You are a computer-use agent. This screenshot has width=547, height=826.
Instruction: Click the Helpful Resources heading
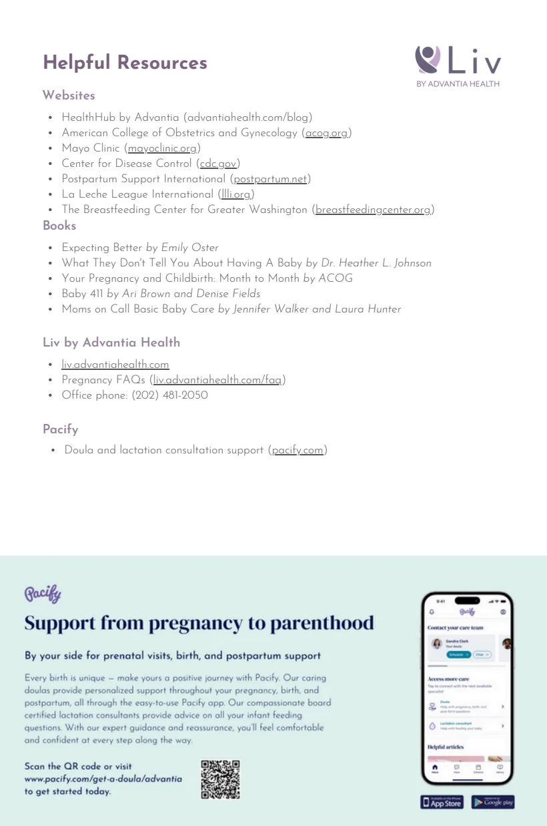(x=125, y=63)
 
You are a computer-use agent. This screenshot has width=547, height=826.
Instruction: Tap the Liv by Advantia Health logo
(x=458, y=66)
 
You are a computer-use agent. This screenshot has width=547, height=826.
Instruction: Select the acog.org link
(x=327, y=133)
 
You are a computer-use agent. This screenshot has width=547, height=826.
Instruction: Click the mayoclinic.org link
(x=162, y=148)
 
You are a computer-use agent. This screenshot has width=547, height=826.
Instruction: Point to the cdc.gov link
(x=218, y=164)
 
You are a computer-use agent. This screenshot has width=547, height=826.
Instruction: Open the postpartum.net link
(x=270, y=179)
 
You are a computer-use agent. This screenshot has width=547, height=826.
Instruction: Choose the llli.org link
(x=237, y=194)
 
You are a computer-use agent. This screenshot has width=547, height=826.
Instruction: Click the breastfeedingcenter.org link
(x=373, y=210)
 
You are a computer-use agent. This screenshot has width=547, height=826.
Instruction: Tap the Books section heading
(x=59, y=226)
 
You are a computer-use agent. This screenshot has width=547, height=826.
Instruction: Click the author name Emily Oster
(x=189, y=248)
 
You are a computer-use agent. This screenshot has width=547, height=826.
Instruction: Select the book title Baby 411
(x=82, y=294)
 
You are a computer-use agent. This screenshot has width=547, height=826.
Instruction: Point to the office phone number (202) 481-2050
(x=169, y=395)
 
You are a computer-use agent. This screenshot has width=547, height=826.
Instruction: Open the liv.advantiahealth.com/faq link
(x=217, y=380)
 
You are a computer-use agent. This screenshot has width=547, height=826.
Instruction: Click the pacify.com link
(x=298, y=450)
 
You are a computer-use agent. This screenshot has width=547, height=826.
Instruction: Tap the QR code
(x=220, y=779)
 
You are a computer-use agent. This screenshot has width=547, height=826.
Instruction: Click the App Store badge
(x=442, y=802)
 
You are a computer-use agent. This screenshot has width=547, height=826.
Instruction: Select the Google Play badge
(x=493, y=802)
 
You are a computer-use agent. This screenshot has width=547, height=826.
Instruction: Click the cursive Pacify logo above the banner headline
(x=43, y=593)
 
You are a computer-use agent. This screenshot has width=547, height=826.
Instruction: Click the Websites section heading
(x=69, y=95)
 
